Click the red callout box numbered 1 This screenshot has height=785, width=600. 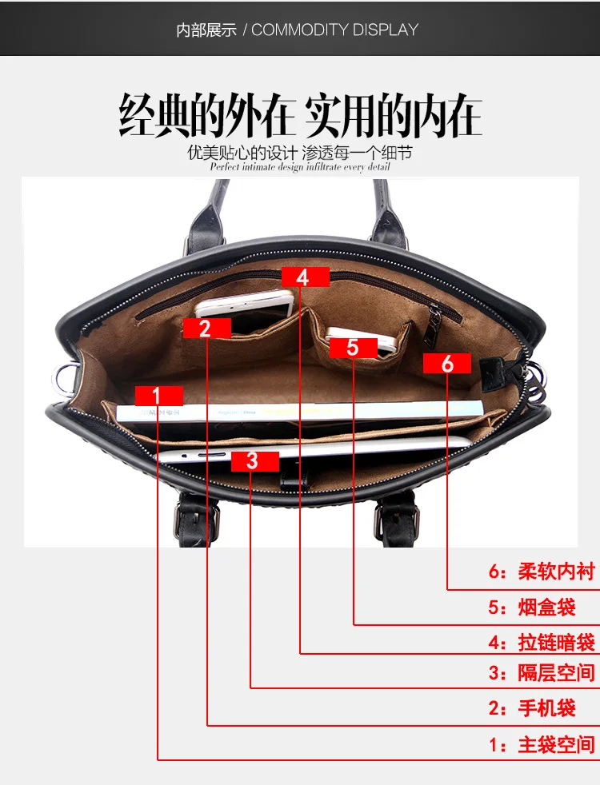158,396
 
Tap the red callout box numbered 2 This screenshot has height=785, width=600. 207,329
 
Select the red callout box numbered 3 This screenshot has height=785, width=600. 255,461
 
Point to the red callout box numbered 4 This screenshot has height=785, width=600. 306,277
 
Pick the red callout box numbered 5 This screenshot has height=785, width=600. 354,348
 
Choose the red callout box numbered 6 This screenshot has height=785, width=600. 447,364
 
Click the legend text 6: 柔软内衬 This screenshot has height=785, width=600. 542,572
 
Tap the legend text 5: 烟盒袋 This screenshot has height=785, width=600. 532,608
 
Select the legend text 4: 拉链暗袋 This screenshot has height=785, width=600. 542,643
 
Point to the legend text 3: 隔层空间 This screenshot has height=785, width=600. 542,672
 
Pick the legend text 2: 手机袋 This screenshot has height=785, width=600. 532,708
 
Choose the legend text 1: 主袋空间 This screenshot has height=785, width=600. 542,744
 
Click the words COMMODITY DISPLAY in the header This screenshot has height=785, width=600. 334,30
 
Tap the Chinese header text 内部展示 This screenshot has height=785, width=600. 206,30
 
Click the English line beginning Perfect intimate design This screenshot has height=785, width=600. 299,167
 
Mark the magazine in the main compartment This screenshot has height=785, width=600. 299,412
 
